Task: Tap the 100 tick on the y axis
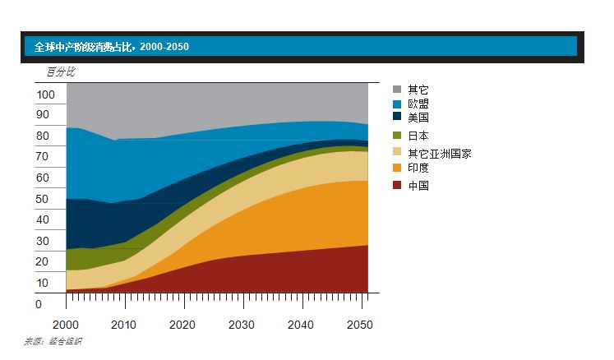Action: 45,95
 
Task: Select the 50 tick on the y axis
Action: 43,200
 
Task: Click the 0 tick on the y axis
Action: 39,304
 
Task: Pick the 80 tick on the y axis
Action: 43,136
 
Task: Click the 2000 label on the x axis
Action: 66,325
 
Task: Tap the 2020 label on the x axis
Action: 182,325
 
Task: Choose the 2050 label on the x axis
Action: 358,325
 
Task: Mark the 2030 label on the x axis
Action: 242,325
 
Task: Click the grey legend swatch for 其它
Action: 397,90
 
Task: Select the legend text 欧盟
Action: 418,104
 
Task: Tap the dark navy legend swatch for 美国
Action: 397,118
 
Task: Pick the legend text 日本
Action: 418,136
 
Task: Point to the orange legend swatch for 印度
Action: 397,168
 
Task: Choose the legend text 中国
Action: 418,186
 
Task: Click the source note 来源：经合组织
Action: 53,341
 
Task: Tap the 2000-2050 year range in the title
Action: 164,47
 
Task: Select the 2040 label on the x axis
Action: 300,325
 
